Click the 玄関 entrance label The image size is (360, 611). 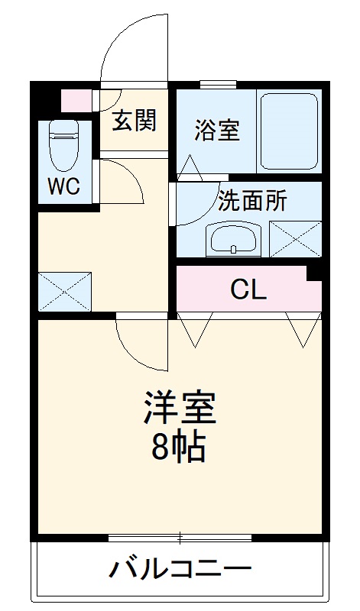pos(135,120)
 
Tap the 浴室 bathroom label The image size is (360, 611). pos(216,130)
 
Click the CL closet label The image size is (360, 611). pos(248,289)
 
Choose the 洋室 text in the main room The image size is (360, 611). pos(180,409)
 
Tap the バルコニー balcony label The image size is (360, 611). pos(180,569)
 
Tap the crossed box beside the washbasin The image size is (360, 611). pos(295,238)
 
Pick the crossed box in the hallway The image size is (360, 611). pos(65,290)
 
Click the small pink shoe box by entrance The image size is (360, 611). pos(76,100)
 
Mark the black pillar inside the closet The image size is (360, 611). pos(313,273)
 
